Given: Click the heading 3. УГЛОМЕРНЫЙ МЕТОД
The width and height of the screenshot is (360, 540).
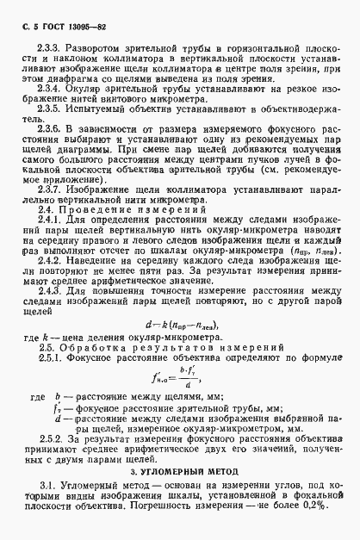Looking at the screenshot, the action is tap(180, 508).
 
